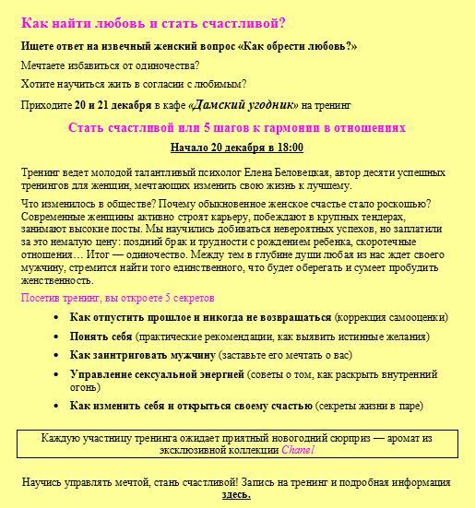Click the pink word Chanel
(x=298, y=450)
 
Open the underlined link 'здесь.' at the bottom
(x=236, y=495)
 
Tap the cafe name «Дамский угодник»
(x=243, y=104)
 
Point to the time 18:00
(x=289, y=148)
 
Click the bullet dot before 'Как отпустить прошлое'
(x=57, y=317)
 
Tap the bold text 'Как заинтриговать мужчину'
(x=143, y=355)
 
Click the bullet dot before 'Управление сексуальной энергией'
(x=57, y=374)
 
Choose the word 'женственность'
(x=56, y=280)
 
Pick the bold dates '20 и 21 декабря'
(x=115, y=104)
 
